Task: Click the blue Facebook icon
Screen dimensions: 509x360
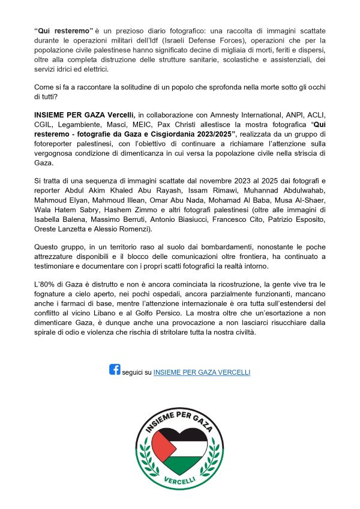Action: coord(115,369)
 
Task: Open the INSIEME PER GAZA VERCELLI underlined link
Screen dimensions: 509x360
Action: coord(202,372)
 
